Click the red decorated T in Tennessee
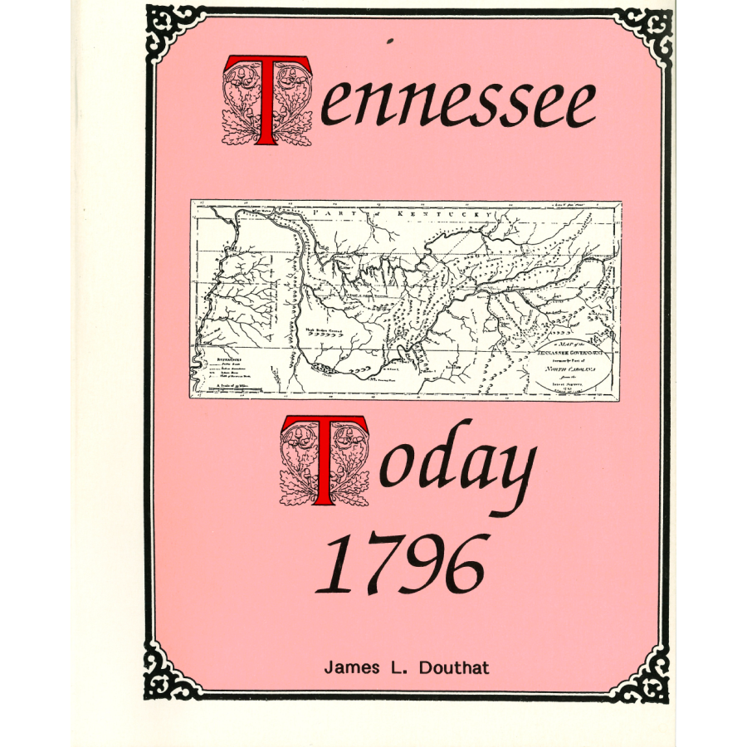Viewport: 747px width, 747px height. (x=267, y=101)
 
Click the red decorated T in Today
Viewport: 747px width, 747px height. (x=325, y=461)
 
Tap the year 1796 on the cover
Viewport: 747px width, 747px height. (x=398, y=564)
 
